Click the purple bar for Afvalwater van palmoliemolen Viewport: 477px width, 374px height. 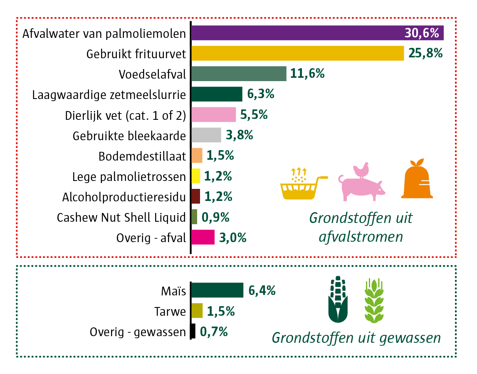[x=291, y=33]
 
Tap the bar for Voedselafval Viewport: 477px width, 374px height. [x=239, y=74]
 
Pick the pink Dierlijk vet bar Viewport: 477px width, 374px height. [x=214, y=114]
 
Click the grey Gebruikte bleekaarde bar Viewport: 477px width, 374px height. [x=206, y=135]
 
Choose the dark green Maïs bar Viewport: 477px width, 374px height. [x=217, y=290]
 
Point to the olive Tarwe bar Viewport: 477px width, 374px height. [x=197, y=311]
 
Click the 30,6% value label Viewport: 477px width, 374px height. [x=422, y=33]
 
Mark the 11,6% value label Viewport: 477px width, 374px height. [x=307, y=74]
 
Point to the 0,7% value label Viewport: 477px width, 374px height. [x=214, y=332]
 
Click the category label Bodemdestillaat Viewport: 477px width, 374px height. [x=142, y=156]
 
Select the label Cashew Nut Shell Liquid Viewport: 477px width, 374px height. [x=121, y=217]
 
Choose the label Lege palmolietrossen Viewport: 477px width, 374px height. [x=129, y=176]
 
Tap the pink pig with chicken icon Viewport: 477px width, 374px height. [x=361, y=181]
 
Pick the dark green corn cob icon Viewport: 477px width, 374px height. [x=339, y=301]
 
